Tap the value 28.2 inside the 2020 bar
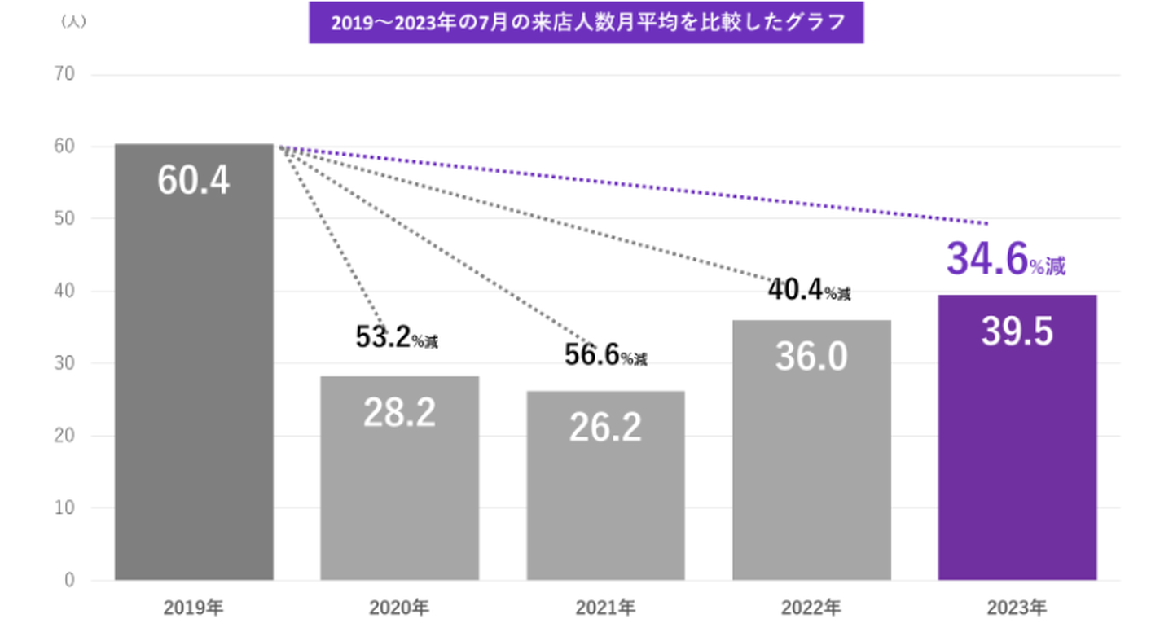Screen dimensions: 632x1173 399,414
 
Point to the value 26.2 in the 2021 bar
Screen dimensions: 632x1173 605,428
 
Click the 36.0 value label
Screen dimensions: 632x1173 811,357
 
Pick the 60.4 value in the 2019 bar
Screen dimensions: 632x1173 194,181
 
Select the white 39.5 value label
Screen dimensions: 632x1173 1017,332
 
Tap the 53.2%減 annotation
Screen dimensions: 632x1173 397,337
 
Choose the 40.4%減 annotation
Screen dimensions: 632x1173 809,290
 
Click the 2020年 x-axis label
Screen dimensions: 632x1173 399,607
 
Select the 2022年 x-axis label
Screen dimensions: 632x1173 811,607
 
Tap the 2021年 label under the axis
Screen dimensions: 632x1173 605,607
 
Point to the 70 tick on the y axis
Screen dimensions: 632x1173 65,75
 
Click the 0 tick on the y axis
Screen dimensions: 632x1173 70,580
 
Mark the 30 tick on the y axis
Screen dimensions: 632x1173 65,363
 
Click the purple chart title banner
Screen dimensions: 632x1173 586,22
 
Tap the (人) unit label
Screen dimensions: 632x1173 73,22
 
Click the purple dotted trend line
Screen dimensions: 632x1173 635,185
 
